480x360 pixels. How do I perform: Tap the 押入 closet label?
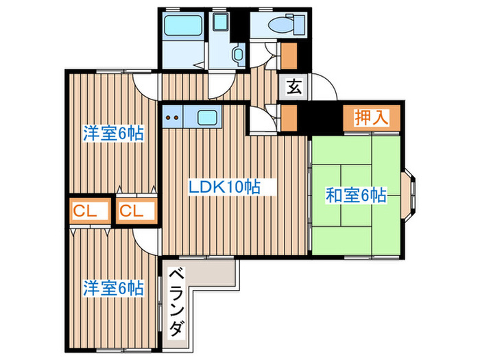(370, 117)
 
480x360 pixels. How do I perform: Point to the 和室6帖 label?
(355, 195)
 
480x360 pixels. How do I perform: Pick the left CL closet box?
(89, 211)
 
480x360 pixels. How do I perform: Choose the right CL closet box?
(136, 211)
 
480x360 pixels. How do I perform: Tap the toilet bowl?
(280, 25)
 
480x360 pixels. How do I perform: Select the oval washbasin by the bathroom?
(239, 55)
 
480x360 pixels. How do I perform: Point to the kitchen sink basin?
(208, 117)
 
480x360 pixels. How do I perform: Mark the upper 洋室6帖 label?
(113, 134)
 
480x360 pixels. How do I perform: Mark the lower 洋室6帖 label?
(113, 288)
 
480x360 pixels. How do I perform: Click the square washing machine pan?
(221, 23)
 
